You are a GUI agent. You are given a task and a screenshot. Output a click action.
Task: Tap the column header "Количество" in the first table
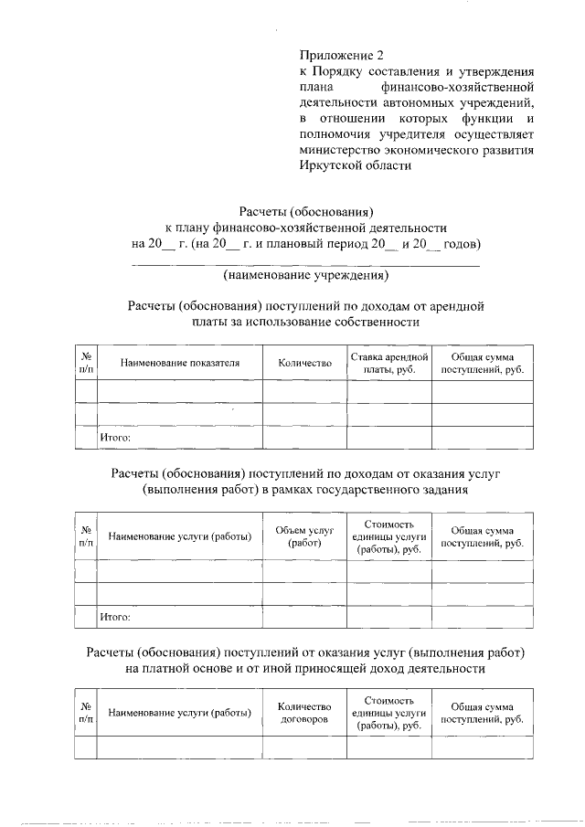click(304, 363)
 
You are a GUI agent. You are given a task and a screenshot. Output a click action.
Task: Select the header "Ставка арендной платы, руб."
click(389, 363)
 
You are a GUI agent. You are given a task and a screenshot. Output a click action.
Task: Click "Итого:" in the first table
click(115, 438)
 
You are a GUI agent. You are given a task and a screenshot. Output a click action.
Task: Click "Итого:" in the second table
click(115, 617)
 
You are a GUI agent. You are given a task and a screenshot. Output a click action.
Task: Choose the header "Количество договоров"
click(304, 713)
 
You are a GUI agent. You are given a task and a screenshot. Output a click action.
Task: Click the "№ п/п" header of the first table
click(86, 363)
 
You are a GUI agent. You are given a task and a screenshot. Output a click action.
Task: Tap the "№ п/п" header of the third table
click(86, 713)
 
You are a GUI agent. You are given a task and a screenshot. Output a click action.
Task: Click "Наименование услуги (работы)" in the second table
click(180, 536)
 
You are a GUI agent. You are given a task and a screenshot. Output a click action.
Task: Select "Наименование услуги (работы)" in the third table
click(180, 713)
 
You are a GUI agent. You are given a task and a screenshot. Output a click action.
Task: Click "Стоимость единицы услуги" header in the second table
click(389, 536)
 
